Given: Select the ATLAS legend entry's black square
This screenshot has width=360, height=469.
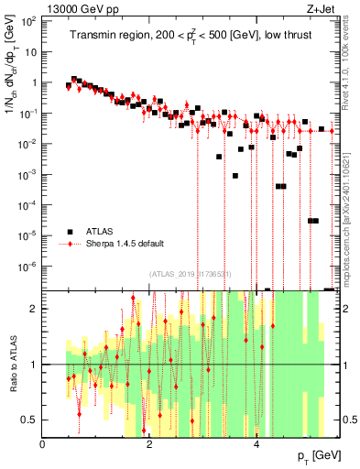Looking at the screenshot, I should (69, 231).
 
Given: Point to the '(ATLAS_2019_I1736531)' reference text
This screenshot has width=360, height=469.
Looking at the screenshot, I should (192, 273).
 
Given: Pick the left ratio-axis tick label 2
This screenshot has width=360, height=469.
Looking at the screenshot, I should (33, 309).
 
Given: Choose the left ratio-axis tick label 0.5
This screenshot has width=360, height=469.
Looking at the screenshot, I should (29, 420).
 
